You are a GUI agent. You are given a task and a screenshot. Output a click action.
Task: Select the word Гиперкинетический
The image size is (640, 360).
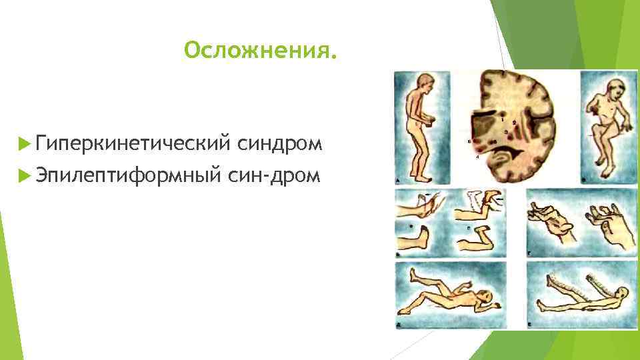(134, 143)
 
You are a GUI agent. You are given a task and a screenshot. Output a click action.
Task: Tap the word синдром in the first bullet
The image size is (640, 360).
(279, 143)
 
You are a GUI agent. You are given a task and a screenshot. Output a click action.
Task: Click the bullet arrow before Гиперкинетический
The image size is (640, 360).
(25, 143)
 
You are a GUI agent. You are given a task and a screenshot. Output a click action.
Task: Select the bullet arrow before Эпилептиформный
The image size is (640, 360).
(25, 175)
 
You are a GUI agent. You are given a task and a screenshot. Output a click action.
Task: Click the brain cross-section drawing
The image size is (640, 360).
(517, 127)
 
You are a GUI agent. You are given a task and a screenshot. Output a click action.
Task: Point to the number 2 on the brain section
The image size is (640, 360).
(514, 123)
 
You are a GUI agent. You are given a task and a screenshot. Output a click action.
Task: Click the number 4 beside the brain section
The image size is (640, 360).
(477, 158)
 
